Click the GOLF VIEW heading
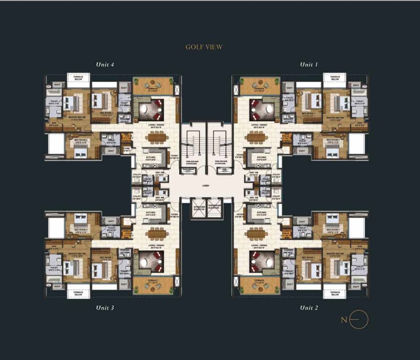(x=204, y=47)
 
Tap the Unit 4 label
(x=105, y=65)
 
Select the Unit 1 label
(x=309, y=65)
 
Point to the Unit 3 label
(x=105, y=308)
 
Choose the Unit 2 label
(x=309, y=308)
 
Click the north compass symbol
(x=358, y=320)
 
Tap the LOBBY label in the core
(x=206, y=186)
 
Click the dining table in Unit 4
(x=157, y=138)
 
